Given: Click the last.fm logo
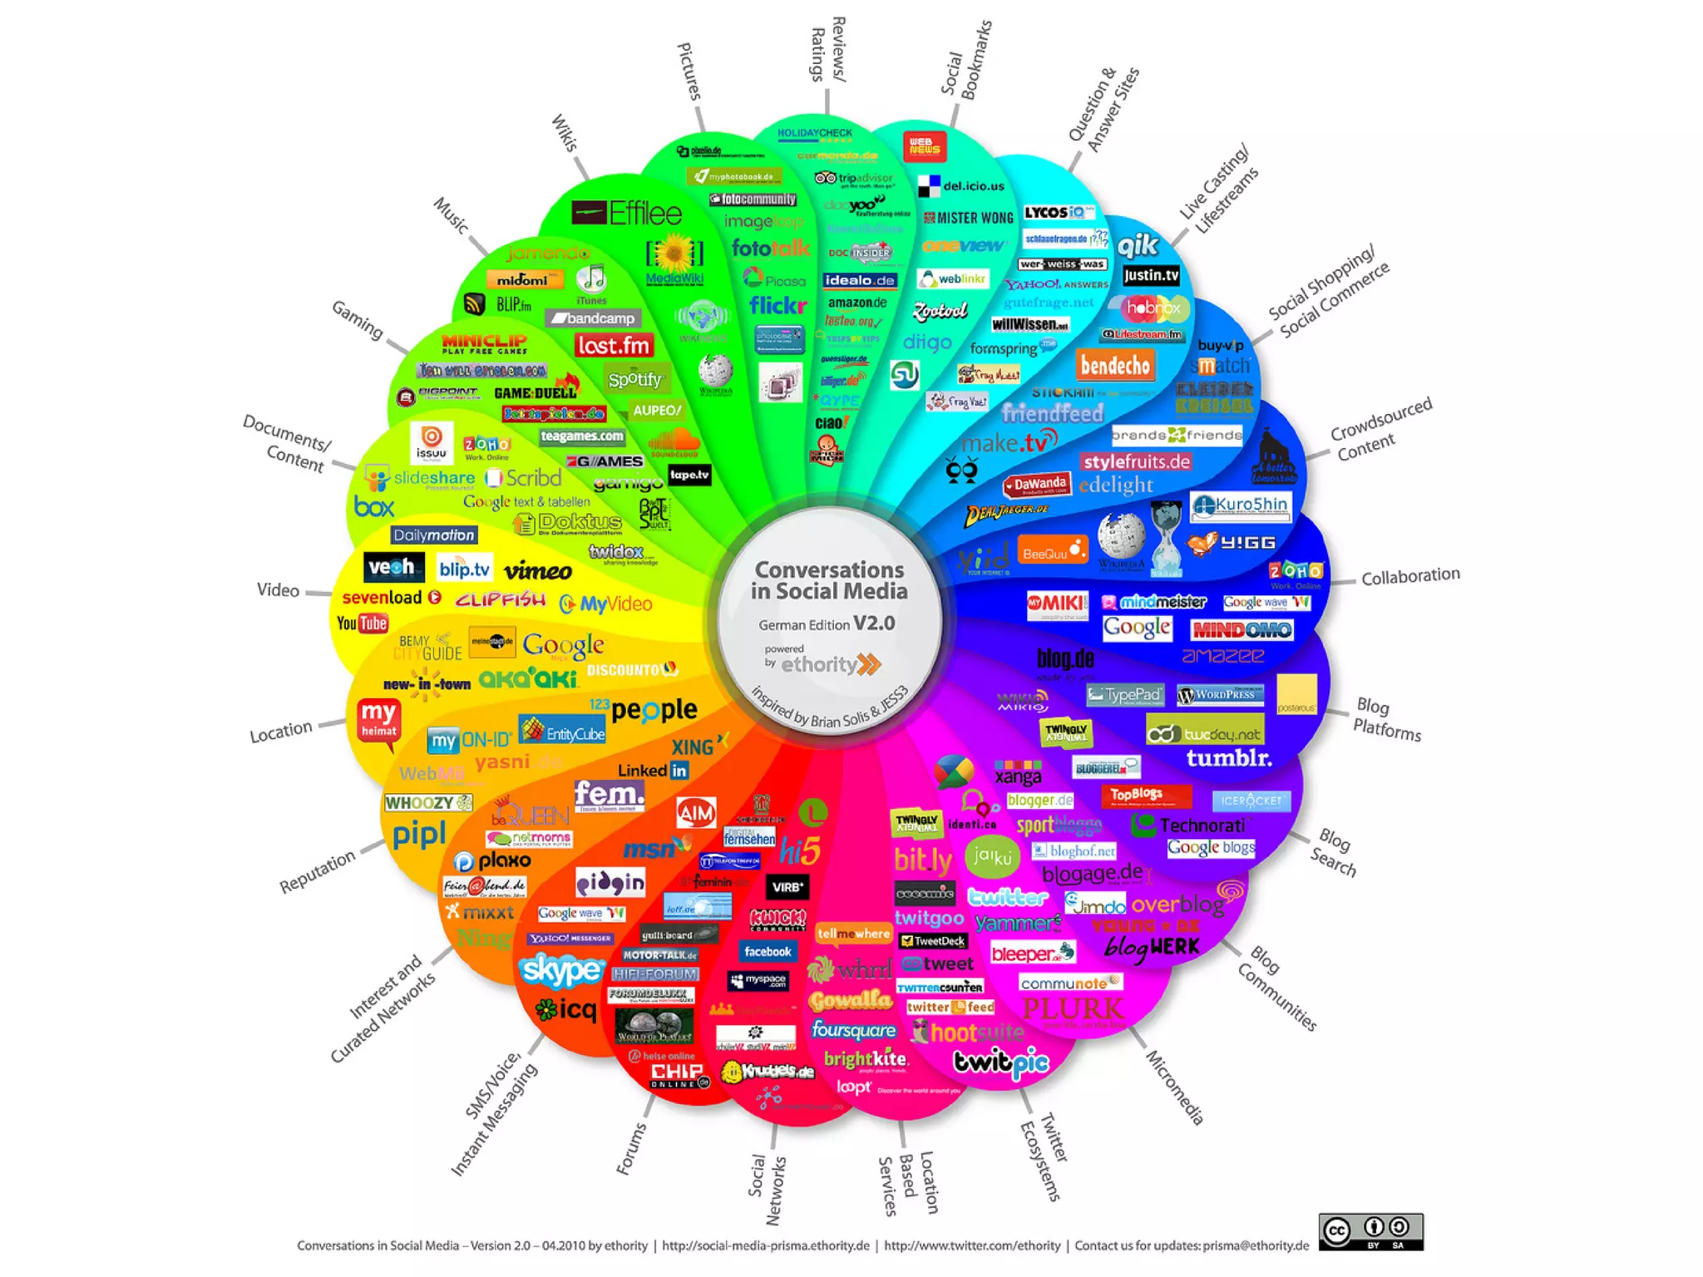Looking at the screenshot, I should coord(614,345).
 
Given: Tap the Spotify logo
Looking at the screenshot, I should coord(635,380).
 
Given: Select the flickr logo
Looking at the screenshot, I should coord(777,306).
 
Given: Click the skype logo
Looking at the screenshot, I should coord(561,969).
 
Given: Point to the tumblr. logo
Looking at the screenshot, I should coord(1228,758).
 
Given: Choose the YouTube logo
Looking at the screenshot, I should coord(363,624).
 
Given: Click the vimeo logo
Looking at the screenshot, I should coord(538,571).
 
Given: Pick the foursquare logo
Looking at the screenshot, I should coord(853,1030).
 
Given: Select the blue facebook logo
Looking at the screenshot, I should coord(768,952).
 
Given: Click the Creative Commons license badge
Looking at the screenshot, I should coord(1370,1231).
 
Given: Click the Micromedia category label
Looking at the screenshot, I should coord(1175,1087).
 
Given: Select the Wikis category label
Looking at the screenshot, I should coord(564,133).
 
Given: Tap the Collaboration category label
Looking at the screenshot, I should coord(1410,575).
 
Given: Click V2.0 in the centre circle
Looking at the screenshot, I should coord(874,624).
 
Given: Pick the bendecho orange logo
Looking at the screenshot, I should coord(1115,365).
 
